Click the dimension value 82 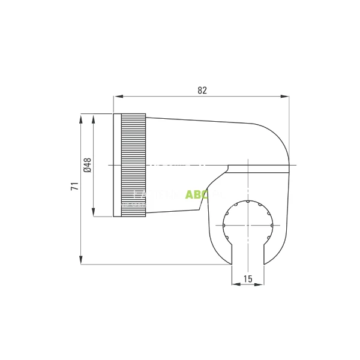coord(202,90)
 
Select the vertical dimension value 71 coord(74,186)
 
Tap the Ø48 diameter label coord(88,165)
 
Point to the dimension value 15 coord(247,278)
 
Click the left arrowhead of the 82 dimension coord(118,96)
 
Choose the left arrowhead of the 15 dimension coord(235,284)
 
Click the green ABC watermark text coord(196,194)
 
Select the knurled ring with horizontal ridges coord(133,165)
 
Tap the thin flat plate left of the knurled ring coord(117,165)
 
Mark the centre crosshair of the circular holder coord(247,226)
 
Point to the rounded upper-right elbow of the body coord(276,135)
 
